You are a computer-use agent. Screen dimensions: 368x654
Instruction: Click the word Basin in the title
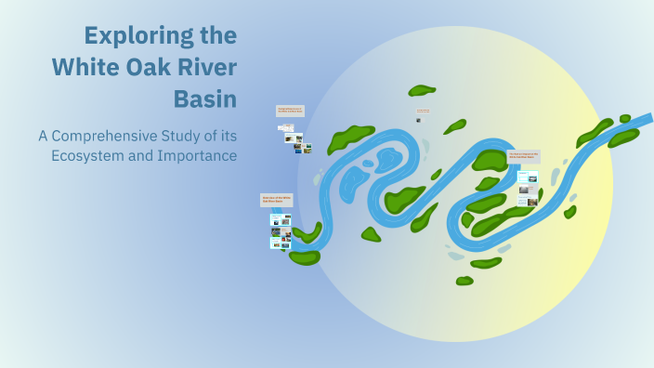tap(205, 98)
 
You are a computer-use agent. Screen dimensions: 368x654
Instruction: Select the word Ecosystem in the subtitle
tap(89, 155)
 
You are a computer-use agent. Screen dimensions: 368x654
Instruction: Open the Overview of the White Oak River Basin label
tap(277, 200)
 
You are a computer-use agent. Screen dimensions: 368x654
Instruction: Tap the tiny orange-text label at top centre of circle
tap(423, 111)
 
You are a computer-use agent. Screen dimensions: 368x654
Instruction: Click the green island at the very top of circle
tap(422, 90)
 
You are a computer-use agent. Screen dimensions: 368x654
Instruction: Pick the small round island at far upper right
tap(625, 119)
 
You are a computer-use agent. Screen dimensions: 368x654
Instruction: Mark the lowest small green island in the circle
tap(464, 280)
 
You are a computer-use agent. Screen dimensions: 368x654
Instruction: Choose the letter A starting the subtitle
tap(44, 136)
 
